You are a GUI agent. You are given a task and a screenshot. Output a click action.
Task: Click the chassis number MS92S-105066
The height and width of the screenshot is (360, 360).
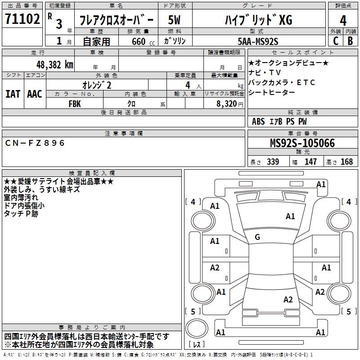point(302,144)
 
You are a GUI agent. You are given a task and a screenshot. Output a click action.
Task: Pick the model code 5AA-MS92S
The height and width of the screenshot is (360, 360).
point(258,41)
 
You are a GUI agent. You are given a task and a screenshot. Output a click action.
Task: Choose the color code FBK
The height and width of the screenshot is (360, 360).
point(75,103)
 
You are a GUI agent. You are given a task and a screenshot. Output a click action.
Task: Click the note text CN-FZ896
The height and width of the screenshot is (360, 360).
point(35,143)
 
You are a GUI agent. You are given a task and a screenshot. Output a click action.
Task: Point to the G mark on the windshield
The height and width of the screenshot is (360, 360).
point(257,237)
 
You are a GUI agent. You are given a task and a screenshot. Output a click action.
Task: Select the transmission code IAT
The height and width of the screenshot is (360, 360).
point(13,94)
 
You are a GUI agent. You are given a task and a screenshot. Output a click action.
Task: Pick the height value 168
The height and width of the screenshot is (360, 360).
point(347,162)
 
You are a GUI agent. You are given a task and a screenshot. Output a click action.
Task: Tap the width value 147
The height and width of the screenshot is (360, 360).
point(310,162)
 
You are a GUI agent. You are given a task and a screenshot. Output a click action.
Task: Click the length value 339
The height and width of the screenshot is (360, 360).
point(273,162)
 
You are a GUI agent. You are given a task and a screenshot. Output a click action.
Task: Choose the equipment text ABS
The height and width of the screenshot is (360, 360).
point(258,121)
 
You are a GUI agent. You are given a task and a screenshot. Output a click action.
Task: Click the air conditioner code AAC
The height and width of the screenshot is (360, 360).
point(35,94)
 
